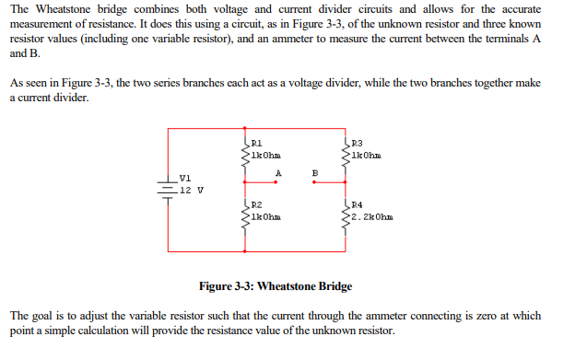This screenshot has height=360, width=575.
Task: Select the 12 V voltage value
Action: pyautogui.click(x=192, y=190)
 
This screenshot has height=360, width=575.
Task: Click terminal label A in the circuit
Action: pyautogui.click(x=276, y=171)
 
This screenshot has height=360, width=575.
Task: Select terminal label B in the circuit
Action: pyautogui.click(x=313, y=171)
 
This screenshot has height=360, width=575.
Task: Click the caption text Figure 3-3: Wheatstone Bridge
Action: pyautogui.click(x=276, y=286)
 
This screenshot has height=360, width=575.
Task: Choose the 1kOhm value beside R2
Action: pyautogui.click(x=266, y=217)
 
